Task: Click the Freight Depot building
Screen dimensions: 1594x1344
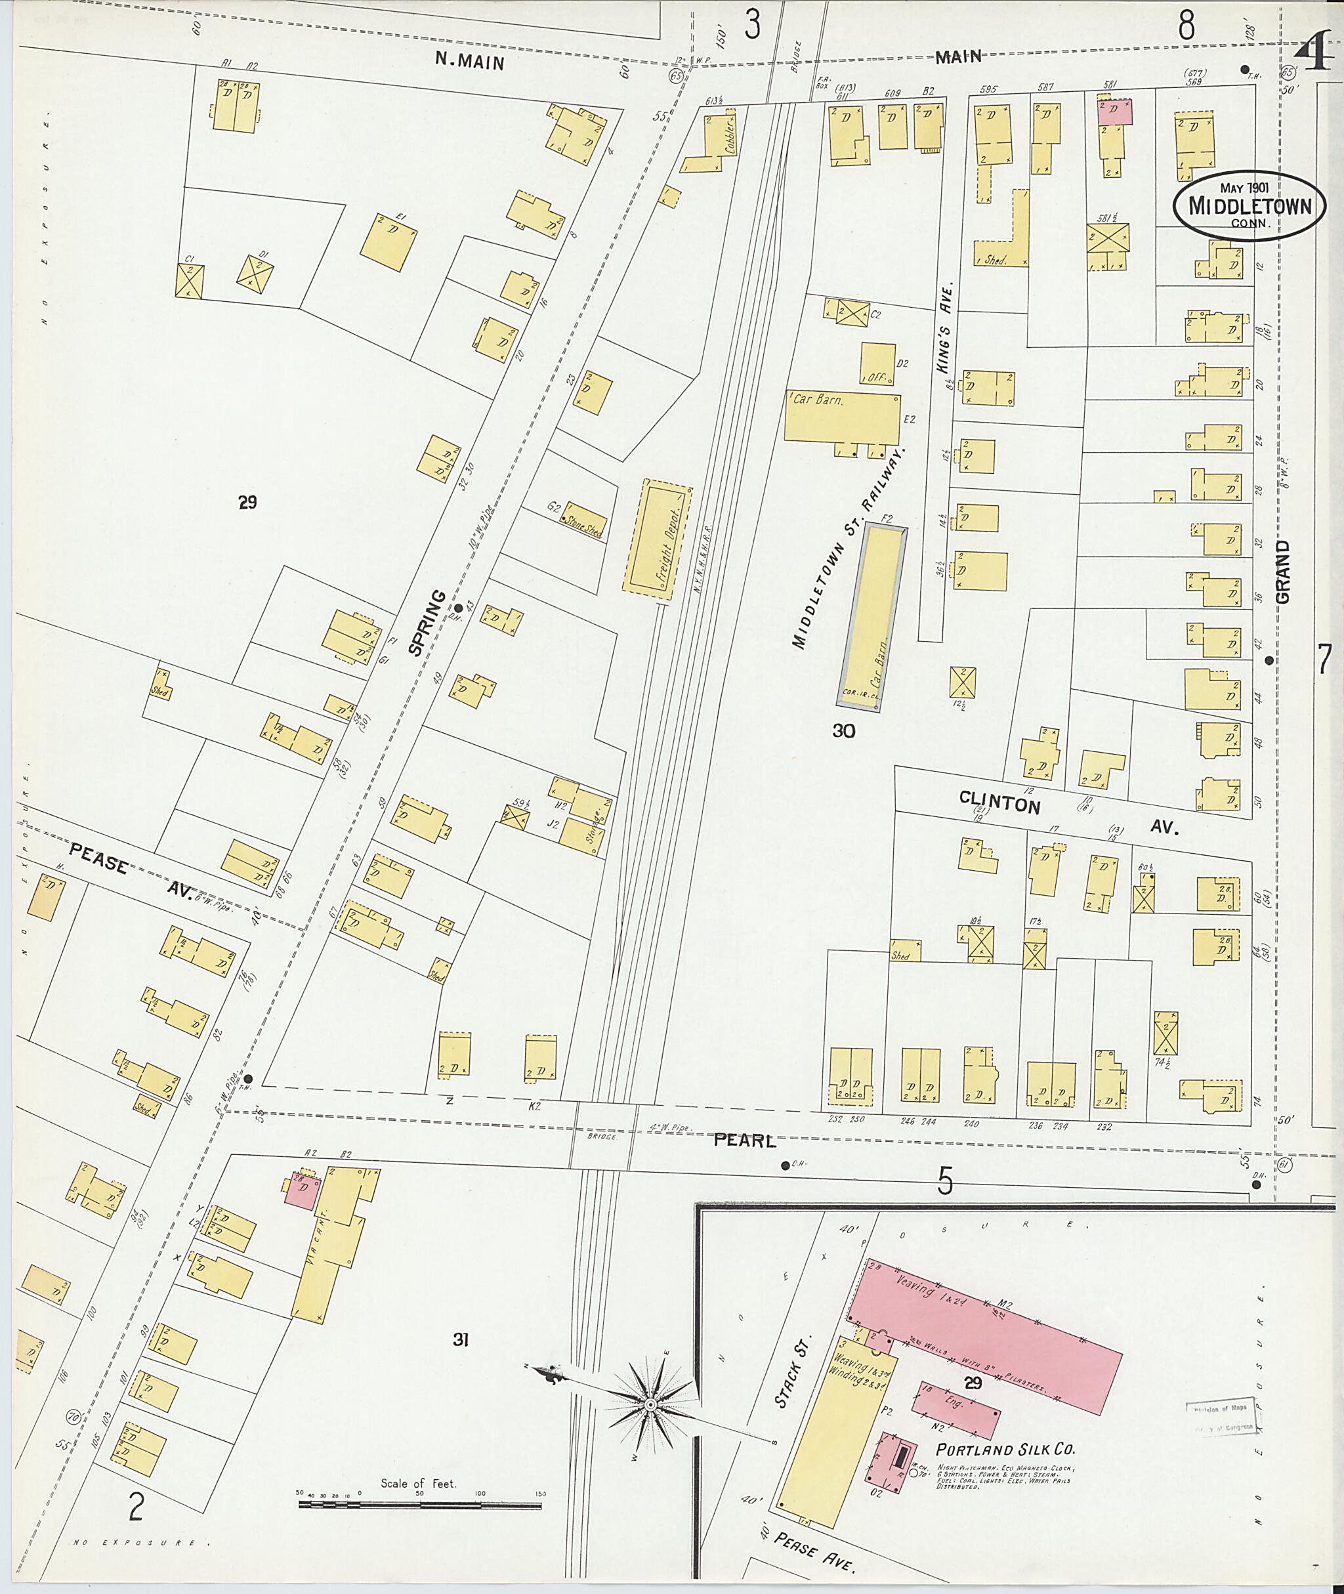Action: tap(657, 539)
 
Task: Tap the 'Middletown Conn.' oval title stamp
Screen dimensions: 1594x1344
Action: tap(1249, 205)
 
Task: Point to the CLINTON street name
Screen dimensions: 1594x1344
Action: tap(999, 803)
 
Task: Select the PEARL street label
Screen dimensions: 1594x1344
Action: tap(744, 1141)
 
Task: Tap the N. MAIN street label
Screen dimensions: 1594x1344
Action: tap(469, 60)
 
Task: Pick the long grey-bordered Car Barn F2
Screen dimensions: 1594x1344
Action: tap(874, 619)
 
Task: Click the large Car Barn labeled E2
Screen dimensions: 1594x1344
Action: tap(842, 417)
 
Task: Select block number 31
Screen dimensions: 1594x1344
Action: tap(459, 1339)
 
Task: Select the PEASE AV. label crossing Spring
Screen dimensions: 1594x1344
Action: tap(133, 874)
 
